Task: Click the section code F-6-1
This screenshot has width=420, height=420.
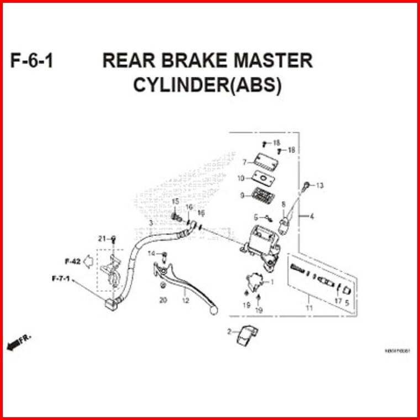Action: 32,61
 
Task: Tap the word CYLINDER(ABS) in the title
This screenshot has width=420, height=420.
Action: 208,86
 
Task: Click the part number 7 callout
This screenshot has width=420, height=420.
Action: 244,162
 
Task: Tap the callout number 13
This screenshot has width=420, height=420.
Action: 319,185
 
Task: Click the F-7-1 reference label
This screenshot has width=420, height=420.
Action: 61,278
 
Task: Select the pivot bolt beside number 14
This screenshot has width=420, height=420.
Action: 164,256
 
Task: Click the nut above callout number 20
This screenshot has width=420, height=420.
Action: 162,285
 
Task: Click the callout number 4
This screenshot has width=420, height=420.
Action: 312,216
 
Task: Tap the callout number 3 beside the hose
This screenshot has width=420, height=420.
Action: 150,222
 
